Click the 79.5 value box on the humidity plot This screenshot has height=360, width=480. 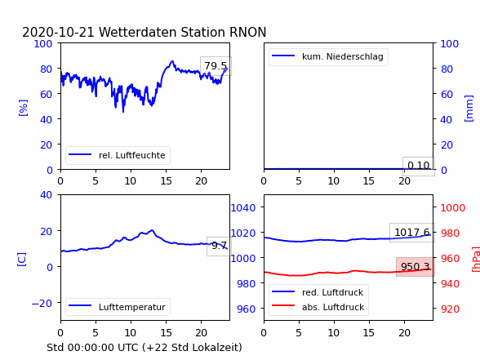coord(216,66)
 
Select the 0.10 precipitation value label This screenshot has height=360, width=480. coord(419,167)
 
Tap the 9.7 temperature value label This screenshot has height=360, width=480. coord(219,246)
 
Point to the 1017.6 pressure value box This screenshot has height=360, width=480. coord(412,233)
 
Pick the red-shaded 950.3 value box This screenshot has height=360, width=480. coord(416,267)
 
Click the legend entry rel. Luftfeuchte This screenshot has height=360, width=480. coord(118,155)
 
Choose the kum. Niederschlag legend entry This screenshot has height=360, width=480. coord(327,56)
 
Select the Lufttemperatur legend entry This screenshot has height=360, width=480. coord(118,307)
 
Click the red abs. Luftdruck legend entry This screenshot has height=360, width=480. coord(318,307)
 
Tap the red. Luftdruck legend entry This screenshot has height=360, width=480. coord(318,292)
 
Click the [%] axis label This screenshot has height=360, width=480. coord(23,108)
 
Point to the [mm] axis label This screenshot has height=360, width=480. coord(469,109)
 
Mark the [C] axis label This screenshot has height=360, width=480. coord(22,259)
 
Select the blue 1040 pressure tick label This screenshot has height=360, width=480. coord(243,208)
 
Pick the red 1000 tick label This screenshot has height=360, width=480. coord(453,208)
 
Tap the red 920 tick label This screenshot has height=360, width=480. coord(450,309)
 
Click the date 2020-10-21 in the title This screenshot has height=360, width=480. coord(58,32)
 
